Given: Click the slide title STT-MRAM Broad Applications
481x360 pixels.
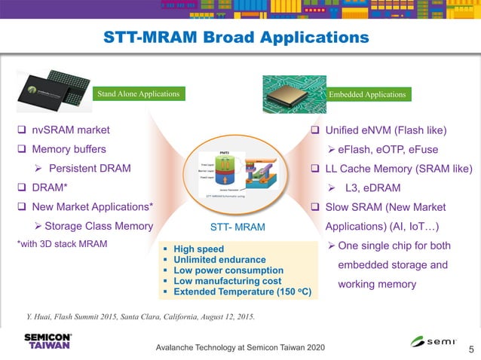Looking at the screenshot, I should pyautogui.click(x=236, y=37).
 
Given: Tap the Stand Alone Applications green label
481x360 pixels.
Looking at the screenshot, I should pyautogui.click(x=138, y=94).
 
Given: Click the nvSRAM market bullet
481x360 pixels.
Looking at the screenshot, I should pyautogui.click(x=65, y=130).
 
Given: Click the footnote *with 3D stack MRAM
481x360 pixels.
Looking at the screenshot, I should pyautogui.click(x=62, y=243).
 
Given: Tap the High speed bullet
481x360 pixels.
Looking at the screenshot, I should pyautogui.click(x=198, y=249).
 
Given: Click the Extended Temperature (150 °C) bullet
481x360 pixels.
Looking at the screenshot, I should pyautogui.click(x=241, y=291).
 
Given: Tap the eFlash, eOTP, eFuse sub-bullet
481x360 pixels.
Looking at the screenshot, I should pyautogui.click(x=387, y=149).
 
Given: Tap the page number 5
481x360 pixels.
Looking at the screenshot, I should pyautogui.click(x=471, y=349).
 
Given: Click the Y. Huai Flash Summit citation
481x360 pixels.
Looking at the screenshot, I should pyautogui.click(x=141, y=316).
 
